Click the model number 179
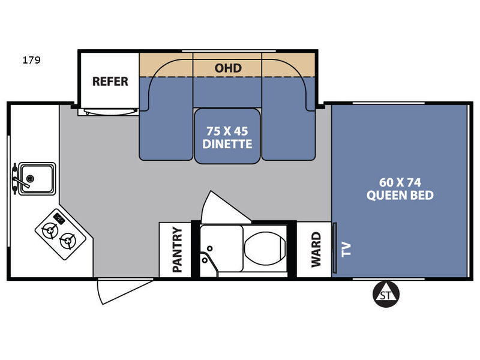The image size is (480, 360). point(31,59)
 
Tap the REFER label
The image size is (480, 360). point(110,82)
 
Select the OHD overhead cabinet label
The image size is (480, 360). point(228,68)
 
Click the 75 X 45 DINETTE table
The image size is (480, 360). point(227,136)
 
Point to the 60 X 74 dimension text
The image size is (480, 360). point(400,182)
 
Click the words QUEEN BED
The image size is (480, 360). point(400,196)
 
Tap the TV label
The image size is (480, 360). point(346,249)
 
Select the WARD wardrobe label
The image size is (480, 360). point(316,250)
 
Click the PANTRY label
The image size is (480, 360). point(177,250)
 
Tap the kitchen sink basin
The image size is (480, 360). point(37,179)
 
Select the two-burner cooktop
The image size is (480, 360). point(61,235)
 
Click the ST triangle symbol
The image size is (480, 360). point(386,294)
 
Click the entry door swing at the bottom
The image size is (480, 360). point(122,291)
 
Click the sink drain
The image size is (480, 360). point(30,178)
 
